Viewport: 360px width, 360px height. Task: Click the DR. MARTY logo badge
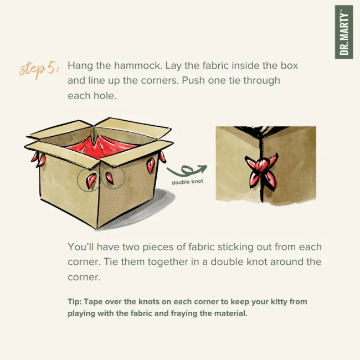[344, 32]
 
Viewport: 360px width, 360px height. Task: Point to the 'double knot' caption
[187, 182]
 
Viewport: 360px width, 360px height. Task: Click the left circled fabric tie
[90, 180]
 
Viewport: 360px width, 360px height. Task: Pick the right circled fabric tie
[110, 178]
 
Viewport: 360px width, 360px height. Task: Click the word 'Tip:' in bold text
[75, 301]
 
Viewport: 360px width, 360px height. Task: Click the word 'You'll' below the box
[81, 247]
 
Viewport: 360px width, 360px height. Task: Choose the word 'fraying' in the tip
[184, 313]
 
